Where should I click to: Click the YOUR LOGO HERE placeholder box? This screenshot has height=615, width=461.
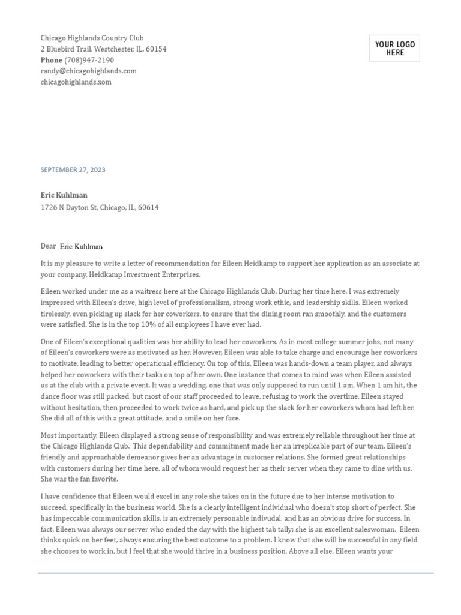click(x=394, y=49)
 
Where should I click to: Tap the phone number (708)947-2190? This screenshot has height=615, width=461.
click(x=89, y=60)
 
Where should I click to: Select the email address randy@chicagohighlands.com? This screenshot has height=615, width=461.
click(x=88, y=71)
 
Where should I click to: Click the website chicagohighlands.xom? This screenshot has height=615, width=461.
click(x=76, y=82)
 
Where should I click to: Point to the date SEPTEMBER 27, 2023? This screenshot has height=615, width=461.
click(x=73, y=170)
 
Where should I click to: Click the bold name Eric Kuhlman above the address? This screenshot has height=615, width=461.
click(x=64, y=195)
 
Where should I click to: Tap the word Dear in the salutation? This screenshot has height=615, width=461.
click(x=48, y=246)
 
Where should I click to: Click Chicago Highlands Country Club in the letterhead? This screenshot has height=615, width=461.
click(x=92, y=38)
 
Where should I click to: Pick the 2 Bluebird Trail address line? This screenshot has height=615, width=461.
click(x=103, y=49)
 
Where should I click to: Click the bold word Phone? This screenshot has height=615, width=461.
click(x=51, y=60)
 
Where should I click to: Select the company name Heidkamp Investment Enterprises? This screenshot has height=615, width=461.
click(x=143, y=274)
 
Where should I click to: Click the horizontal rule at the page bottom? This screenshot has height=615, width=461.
click(x=235, y=574)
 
